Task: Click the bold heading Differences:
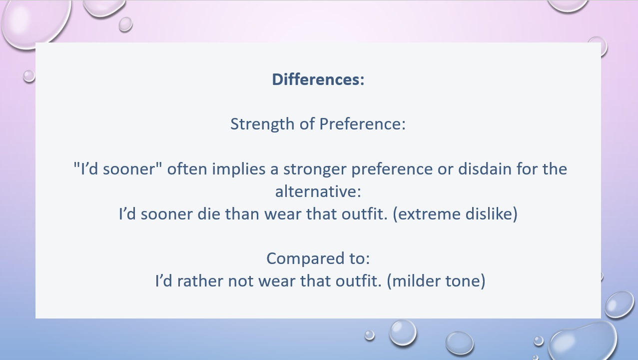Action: pyautogui.click(x=318, y=79)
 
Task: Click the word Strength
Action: pyautogui.click(x=262, y=124)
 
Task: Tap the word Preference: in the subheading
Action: pyautogui.click(x=362, y=124)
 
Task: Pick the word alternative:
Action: pyautogui.click(x=318, y=191)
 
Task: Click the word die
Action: pyautogui.click(x=209, y=214)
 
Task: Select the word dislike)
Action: pyautogui.click(x=491, y=214)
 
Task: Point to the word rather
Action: pyautogui.click(x=200, y=281)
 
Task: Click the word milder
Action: pyautogui.click(x=413, y=281)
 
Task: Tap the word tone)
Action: pyautogui.click(x=465, y=281)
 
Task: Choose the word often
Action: pyautogui.click(x=187, y=168)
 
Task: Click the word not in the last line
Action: pyautogui.click(x=240, y=281)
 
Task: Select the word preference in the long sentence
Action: pyautogui.click(x=392, y=169)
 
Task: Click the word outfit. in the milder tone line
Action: pyautogui.click(x=359, y=281)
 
